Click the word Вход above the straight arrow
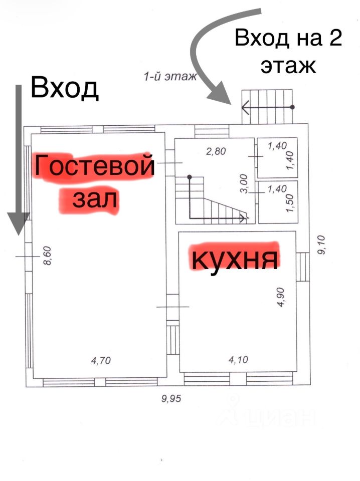tap(64, 88)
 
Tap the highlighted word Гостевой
tap(93, 167)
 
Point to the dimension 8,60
tap(48, 256)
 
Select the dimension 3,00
tap(244, 185)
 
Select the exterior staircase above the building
tap(267, 106)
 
